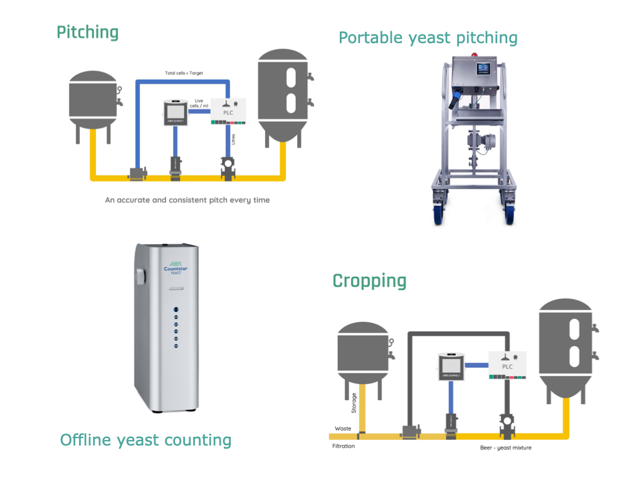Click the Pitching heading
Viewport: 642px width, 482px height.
pyautogui.click(x=87, y=32)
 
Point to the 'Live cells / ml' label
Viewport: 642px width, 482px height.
pyautogui.click(x=199, y=103)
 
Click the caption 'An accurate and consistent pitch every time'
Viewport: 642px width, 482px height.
pyautogui.click(x=187, y=200)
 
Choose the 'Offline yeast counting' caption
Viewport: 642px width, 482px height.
pyautogui.click(x=145, y=440)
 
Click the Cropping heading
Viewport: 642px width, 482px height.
pyautogui.click(x=369, y=281)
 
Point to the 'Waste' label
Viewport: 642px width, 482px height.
pyautogui.click(x=343, y=429)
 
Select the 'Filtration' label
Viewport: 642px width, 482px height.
pyautogui.click(x=344, y=446)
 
